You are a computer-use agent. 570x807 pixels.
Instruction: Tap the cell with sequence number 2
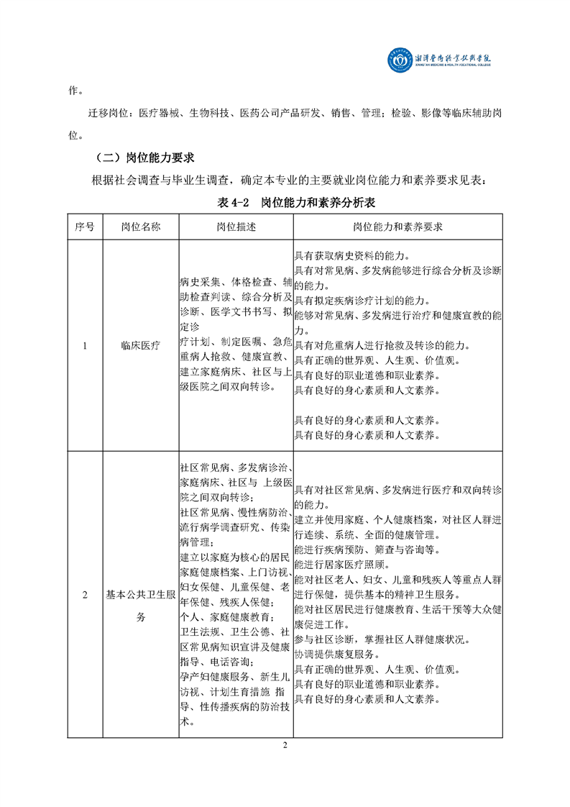(x=85, y=595)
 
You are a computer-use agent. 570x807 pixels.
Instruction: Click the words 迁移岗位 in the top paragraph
(x=111, y=113)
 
